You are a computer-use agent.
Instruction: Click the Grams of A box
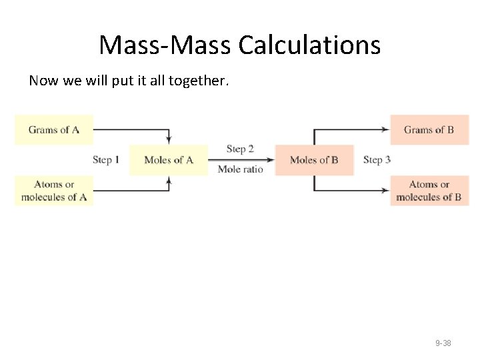coord(54,130)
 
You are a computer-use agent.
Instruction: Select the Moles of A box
coord(168,160)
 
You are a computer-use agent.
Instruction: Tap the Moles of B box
coord(314,160)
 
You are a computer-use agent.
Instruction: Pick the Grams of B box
coord(429,130)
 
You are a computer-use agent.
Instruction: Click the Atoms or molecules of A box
coord(54,191)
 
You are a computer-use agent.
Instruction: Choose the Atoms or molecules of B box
coord(429,191)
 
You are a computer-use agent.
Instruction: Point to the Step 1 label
coord(106,160)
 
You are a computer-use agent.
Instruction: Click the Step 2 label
coord(240,149)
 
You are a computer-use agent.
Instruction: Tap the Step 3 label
coord(377,160)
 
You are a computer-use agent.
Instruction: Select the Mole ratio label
coord(240,169)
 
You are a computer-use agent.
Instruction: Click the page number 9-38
coord(443,343)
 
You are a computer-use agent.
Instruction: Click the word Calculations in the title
coord(309,45)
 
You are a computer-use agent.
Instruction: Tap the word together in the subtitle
coord(199,81)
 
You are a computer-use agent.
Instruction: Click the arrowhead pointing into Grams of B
coord(387,130)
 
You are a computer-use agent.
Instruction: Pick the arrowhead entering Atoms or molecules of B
coord(387,191)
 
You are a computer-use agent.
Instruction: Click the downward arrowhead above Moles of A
coord(169,140)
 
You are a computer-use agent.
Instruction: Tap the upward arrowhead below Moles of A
coord(169,180)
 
